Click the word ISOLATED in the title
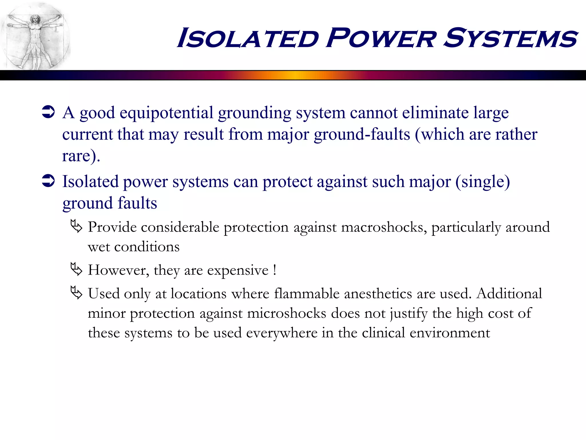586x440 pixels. point(248,38)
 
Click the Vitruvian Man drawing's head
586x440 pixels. point(35,19)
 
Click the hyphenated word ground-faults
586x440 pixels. point(362,135)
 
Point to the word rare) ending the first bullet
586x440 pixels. point(81,156)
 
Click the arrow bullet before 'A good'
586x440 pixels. point(48,112)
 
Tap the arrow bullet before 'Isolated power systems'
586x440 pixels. point(48,181)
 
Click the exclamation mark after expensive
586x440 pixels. point(275,270)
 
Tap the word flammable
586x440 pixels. point(306,294)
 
